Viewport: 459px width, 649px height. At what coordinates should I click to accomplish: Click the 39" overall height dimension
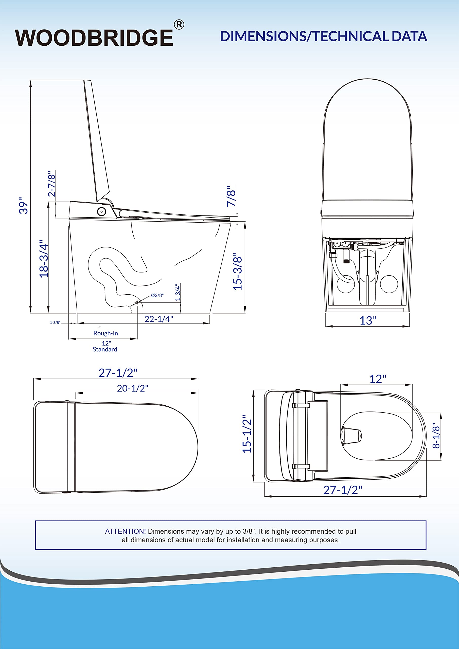tap(24, 206)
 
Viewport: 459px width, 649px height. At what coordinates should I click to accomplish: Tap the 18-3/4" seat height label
tap(44, 259)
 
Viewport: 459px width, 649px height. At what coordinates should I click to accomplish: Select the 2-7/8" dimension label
tap(51, 184)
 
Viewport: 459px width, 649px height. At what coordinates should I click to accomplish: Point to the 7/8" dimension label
tap(231, 196)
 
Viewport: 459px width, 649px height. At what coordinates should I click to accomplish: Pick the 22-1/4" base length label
tap(159, 319)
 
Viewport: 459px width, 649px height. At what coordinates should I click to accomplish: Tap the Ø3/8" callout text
tap(157, 295)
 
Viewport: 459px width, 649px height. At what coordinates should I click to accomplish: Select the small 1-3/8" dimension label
tap(55, 322)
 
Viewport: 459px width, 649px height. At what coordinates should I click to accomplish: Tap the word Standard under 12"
tap(105, 349)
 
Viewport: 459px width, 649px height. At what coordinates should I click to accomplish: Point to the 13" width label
tap(368, 320)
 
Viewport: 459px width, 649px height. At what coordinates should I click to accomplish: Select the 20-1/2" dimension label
tap(133, 388)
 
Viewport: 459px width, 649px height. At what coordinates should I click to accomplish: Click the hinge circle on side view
tap(101, 211)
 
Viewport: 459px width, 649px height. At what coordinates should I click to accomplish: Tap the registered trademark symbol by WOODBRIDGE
tap(179, 25)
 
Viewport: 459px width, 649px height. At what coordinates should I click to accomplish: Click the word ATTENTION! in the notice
tap(125, 531)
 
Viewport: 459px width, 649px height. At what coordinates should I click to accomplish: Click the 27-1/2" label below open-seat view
tap(343, 490)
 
